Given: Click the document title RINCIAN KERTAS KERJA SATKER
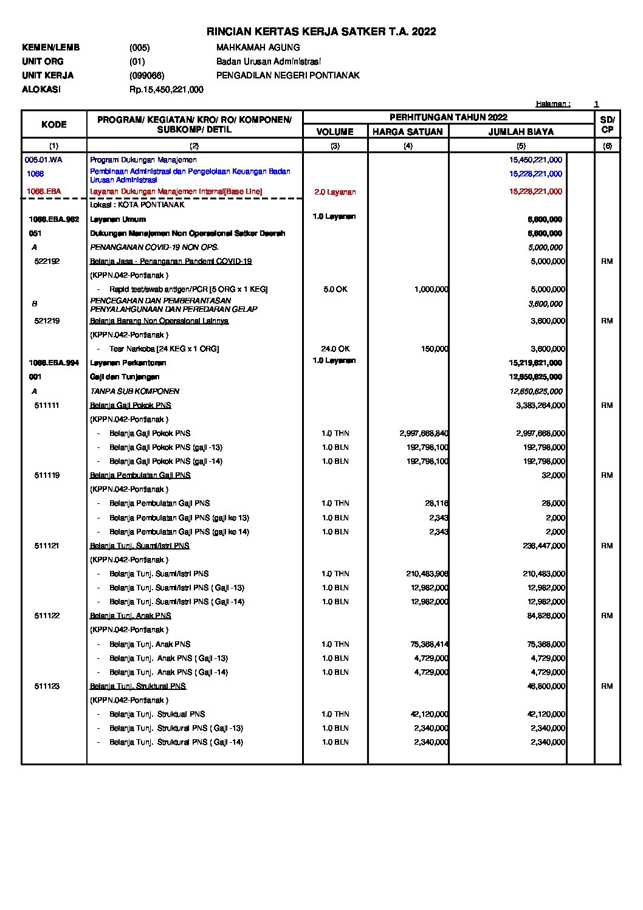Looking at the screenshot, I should pos(321,32).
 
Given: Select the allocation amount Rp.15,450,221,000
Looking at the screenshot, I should pos(166,89).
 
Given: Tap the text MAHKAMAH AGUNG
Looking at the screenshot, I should pos(258,47).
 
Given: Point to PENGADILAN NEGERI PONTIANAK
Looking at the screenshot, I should pos(287,75).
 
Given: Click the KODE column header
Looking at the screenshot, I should pos(54,125).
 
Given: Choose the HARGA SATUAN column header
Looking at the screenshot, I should pos(408,132).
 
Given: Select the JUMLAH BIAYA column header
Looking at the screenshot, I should pos(521,132).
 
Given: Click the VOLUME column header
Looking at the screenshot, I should pos(335,132).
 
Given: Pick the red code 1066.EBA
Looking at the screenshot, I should pos(44,191).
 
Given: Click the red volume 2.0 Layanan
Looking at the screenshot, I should pos(335,192).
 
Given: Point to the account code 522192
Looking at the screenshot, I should pos(47,261).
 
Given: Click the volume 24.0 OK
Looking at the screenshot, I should pos(335,349).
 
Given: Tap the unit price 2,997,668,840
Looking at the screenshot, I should pos(424,433).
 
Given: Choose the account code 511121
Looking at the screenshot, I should pos(47,546).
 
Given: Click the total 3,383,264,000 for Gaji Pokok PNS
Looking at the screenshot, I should pos(540,405).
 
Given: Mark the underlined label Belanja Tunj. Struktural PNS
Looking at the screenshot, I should pos(138,686).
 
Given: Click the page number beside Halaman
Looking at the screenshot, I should pos(596,104).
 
